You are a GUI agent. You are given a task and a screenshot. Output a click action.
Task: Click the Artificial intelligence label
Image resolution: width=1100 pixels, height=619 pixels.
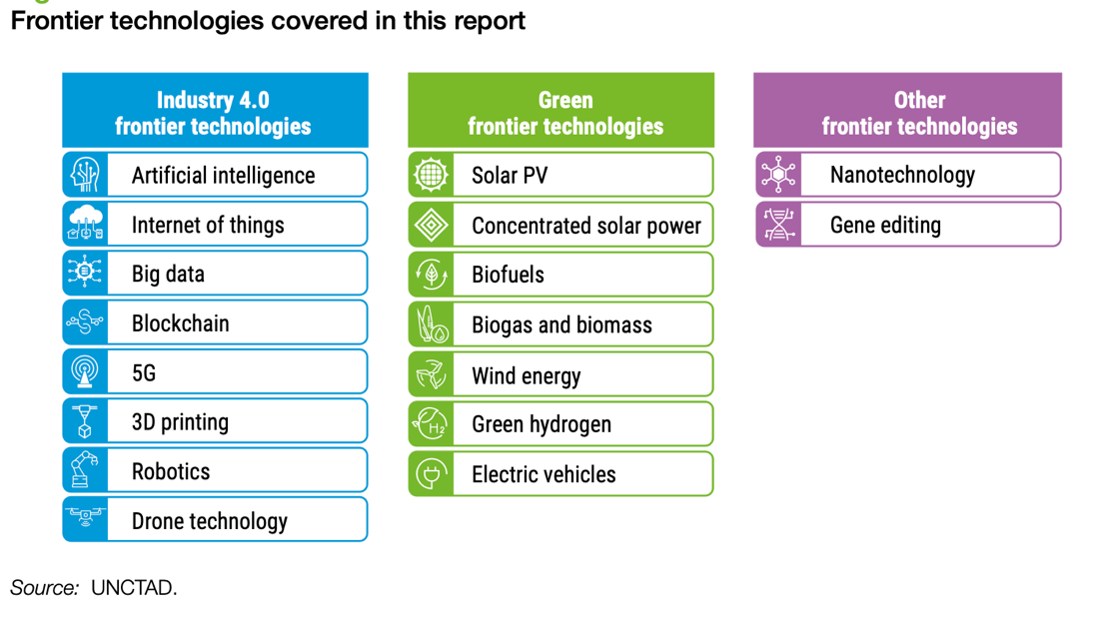point(223,176)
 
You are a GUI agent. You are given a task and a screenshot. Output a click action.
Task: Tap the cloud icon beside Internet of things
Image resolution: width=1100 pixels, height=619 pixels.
point(85,224)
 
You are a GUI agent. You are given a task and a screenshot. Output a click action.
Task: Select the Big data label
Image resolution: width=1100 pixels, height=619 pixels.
point(169,275)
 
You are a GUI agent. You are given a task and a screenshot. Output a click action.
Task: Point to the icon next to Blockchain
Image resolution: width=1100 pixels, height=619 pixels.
point(85,322)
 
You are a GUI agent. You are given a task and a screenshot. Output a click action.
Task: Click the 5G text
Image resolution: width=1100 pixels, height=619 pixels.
point(144,373)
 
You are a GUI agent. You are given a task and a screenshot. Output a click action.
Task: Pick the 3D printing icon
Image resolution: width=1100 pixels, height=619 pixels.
point(85,421)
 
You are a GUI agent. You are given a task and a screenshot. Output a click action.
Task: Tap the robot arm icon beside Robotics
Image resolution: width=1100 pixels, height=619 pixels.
point(85,469)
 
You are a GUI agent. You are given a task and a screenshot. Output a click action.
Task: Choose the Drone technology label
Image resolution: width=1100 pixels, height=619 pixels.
point(210,521)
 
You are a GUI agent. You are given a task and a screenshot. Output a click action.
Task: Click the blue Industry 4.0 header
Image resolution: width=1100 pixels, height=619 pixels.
point(215,110)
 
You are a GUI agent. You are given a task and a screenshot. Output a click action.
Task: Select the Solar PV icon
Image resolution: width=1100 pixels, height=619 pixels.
point(431,175)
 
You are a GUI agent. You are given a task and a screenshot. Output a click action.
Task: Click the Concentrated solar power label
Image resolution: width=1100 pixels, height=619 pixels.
point(586,226)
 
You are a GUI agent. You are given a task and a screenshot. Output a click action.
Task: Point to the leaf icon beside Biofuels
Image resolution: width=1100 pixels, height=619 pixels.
point(431,275)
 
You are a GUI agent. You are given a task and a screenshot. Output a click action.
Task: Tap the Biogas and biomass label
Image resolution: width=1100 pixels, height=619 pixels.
point(561,325)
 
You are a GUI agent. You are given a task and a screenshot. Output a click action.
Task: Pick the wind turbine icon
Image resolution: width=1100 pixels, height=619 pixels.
point(431,374)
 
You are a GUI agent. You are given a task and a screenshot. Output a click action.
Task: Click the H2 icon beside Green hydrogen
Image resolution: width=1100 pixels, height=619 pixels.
point(430,424)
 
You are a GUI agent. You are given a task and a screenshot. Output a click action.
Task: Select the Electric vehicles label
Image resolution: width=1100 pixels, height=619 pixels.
point(544,474)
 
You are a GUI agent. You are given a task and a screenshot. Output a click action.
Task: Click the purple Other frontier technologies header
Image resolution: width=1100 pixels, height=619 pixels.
point(908,110)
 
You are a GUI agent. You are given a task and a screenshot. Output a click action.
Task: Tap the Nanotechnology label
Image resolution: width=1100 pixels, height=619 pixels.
point(903,176)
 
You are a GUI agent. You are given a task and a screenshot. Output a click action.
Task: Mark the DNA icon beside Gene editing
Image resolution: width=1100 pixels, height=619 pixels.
point(778,225)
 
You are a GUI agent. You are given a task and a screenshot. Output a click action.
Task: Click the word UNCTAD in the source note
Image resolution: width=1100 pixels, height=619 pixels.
point(133,587)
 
